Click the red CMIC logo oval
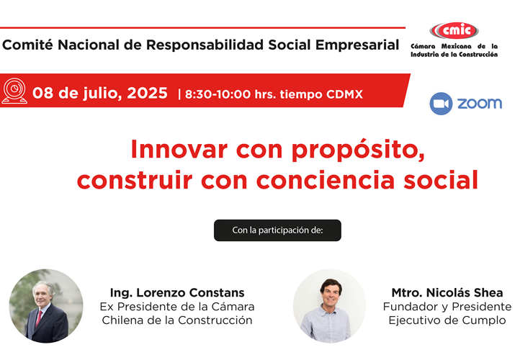point(454,30)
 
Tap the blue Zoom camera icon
point(441,104)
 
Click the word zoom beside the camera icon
point(479,104)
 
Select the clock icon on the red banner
point(14,91)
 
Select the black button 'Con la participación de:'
point(277,230)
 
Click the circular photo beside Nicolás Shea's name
point(329,306)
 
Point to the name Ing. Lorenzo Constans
point(177,292)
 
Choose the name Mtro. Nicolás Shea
point(447,292)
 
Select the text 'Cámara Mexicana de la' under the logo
point(454,46)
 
